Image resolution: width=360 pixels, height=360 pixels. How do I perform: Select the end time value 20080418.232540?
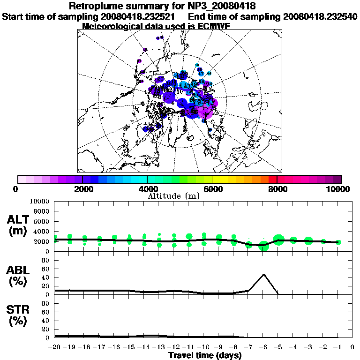pyautogui.click(x=320, y=16)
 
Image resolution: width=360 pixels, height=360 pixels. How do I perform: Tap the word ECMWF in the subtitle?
pyautogui.click(x=213, y=26)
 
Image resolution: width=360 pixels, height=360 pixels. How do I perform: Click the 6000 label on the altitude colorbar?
pyautogui.click(x=212, y=189)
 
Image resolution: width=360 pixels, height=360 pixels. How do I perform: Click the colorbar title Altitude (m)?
pyautogui.click(x=174, y=195)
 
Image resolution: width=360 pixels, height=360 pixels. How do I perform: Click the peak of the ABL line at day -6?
pyautogui.click(x=264, y=274)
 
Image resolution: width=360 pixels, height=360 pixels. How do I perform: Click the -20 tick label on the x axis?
pyautogui.click(x=55, y=347)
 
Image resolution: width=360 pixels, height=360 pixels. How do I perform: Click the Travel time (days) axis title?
pyautogui.click(x=205, y=355)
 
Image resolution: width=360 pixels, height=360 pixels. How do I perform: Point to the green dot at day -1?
pyautogui.click(x=338, y=242)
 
